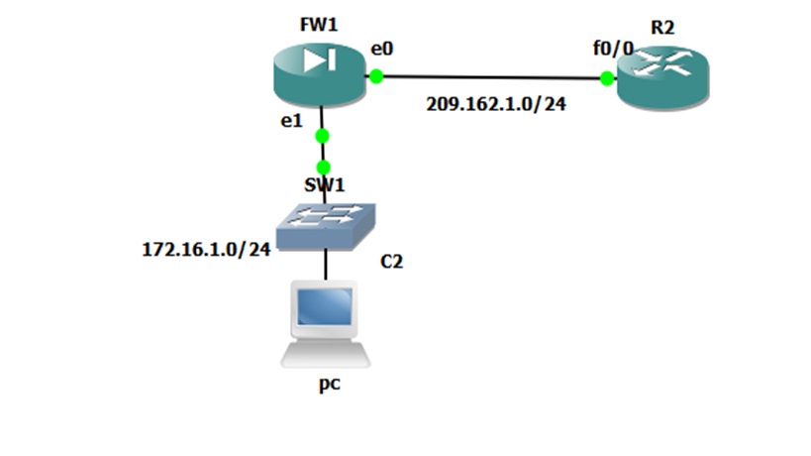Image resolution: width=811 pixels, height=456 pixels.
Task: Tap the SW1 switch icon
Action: (326, 223)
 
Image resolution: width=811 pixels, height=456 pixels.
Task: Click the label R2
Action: (662, 27)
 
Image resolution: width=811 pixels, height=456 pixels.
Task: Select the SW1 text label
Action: (325, 185)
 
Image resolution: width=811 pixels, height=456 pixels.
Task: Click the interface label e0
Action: (383, 48)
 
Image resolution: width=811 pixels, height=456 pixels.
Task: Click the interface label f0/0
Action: (613, 49)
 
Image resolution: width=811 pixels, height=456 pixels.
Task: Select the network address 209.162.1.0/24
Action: (496, 103)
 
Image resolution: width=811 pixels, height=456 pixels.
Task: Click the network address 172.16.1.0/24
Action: (206, 249)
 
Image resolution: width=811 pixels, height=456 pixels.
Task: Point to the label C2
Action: (392, 262)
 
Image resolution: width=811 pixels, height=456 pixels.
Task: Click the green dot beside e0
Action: (375, 74)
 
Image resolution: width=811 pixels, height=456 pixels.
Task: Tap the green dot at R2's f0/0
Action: (606, 77)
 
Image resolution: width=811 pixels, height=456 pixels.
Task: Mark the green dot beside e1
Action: (322, 136)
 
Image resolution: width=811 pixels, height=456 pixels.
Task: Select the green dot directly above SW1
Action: (323, 167)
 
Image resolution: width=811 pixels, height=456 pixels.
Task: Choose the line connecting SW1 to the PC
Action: (325, 264)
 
